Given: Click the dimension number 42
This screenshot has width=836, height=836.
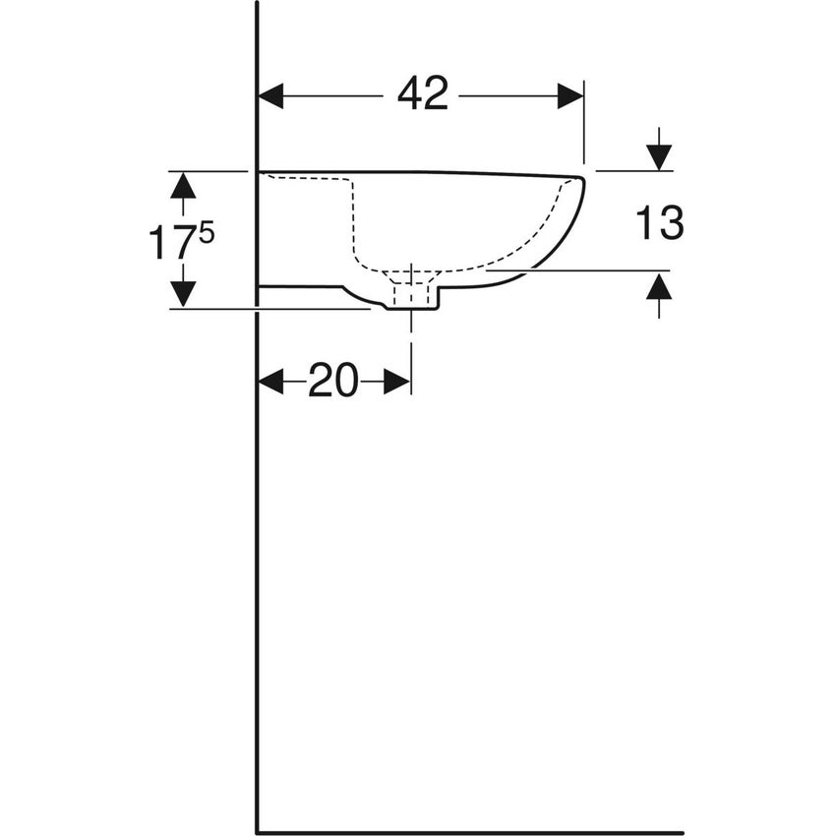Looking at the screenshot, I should click(x=423, y=94).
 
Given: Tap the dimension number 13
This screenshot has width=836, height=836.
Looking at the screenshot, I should click(x=658, y=224).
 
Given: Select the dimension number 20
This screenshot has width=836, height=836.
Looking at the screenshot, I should click(x=333, y=381).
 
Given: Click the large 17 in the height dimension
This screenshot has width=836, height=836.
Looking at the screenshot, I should click(x=166, y=243).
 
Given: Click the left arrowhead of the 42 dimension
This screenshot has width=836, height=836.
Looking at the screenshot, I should click(x=270, y=95).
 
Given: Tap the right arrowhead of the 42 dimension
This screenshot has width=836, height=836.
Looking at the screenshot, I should click(x=570, y=95).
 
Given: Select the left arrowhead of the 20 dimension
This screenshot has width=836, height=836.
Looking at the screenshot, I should click(x=270, y=382).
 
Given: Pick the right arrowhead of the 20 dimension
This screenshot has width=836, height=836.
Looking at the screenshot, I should click(x=397, y=382).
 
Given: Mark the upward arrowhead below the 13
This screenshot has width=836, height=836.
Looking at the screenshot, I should click(x=659, y=286).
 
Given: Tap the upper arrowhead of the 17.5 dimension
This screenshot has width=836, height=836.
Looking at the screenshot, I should click(x=183, y=185).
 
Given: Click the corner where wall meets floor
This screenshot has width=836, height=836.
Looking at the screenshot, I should click(x=257, y=832).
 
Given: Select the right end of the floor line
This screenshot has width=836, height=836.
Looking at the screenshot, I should click(x=682, y=832).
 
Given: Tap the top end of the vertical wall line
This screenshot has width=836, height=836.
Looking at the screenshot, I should click(x=257, y=4).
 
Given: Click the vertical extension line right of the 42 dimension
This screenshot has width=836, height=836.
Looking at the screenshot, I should click(x=584, y=123).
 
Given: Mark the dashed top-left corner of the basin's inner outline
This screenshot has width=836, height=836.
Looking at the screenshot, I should click(x=351, y=180).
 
